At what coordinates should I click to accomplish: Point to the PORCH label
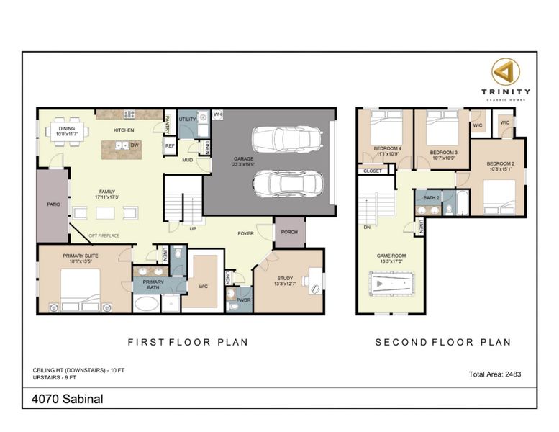tap(289, 232)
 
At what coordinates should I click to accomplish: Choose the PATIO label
tap(53, 204)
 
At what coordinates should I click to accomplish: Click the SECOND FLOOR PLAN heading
tap(442, 342)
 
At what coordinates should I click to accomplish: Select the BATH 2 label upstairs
tap(431, 197)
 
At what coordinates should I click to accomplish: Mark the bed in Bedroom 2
tap(499, 197)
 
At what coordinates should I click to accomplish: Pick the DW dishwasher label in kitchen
tap(134, 145)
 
